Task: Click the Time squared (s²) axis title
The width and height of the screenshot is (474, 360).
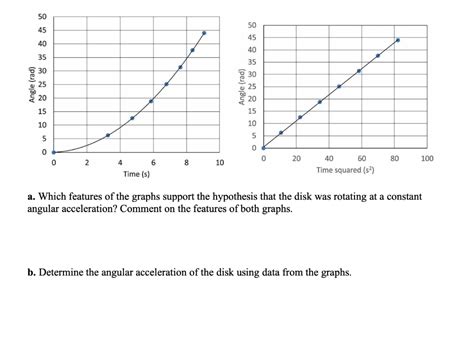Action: (346, 170)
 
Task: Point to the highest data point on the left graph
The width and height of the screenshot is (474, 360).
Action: (204, 33)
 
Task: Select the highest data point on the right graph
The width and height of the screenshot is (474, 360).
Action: (397, 41)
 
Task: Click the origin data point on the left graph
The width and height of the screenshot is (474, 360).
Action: (54, 153)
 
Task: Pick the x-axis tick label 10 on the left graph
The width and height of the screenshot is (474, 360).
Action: (219, 162)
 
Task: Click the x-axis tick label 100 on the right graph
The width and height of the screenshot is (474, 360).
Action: (427, 158)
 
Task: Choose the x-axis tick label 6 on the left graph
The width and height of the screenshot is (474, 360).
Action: (152, 162)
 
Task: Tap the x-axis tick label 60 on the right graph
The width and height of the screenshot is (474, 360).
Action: (362, 158)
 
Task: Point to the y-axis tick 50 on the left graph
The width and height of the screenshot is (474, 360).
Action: (41, 17)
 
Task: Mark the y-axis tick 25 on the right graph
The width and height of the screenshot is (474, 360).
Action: (252, 87)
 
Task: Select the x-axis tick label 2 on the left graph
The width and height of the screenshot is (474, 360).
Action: (86, 162)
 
